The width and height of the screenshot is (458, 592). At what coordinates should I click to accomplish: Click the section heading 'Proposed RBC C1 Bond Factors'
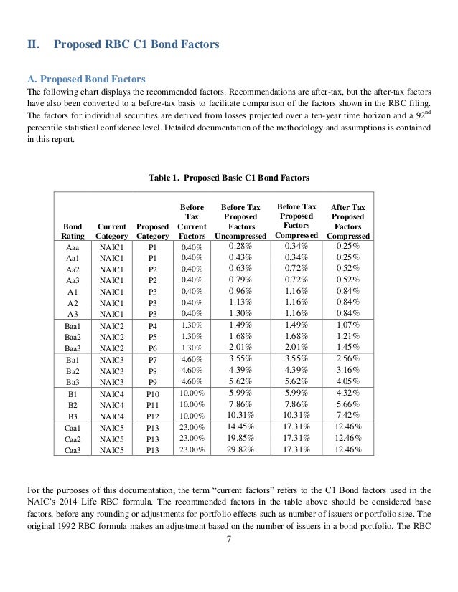click(137, 45)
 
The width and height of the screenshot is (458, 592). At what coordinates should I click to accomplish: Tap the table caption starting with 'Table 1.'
click(228, 173)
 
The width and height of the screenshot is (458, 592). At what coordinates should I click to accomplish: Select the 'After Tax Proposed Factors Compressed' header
click(348, 221)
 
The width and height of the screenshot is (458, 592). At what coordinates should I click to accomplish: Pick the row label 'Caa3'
click(73, 449)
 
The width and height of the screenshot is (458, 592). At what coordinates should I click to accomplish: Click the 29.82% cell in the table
click(240, 449)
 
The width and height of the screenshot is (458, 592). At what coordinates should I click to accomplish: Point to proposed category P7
click(152, 358)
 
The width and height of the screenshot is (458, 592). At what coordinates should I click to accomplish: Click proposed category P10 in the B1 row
click(152, 393)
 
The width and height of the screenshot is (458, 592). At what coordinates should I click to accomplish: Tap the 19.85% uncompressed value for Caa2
click(240, 438)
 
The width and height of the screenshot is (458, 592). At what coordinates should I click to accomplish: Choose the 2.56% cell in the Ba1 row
click(348, 358)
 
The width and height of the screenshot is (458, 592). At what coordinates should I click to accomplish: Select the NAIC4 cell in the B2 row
click(112, 404)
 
